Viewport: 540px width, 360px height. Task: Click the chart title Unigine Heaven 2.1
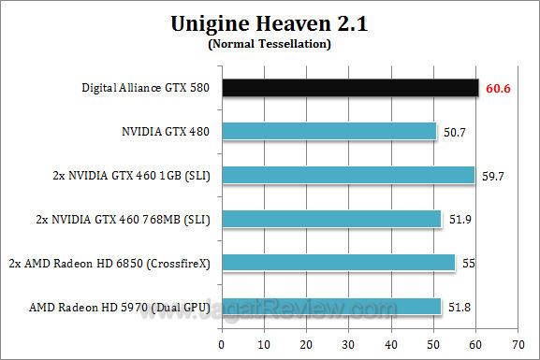point(269,24)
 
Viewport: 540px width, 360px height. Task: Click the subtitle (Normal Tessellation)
point(269,43)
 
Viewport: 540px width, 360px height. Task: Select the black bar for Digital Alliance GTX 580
point(351,89)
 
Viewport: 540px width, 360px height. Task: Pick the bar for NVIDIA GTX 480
point(330,132)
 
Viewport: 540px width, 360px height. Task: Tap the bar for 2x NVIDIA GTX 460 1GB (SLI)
point(349,175)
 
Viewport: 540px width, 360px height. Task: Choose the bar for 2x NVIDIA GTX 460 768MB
point(332,219)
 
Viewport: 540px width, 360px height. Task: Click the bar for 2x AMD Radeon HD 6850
point(339,262)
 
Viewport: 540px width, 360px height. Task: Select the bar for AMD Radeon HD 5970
point(332,306)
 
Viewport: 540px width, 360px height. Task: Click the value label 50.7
point(455,133)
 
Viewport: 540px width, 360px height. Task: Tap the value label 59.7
point(493,176)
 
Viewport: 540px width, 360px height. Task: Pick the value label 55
point(469,263)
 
